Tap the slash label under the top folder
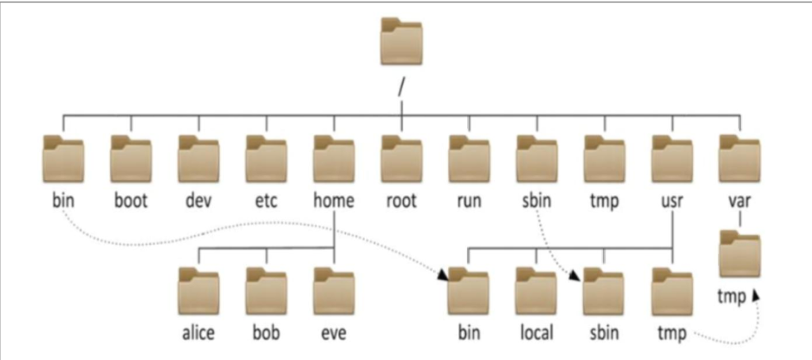click(403, 85)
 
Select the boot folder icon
click(131, 159)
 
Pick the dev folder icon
click(198, 159)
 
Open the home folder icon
click(334, 159)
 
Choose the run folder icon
click(469, 159)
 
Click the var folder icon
click(740, 159)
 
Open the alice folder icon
click(198, 292)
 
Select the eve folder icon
click(334, 292)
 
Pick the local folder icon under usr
click(536, 292)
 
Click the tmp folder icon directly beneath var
click(740, 255)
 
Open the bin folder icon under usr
click(469, 292)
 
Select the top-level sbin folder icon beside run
click(536, 159)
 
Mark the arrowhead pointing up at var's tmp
click(756, 295)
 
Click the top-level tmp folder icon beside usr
click(604, 159)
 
